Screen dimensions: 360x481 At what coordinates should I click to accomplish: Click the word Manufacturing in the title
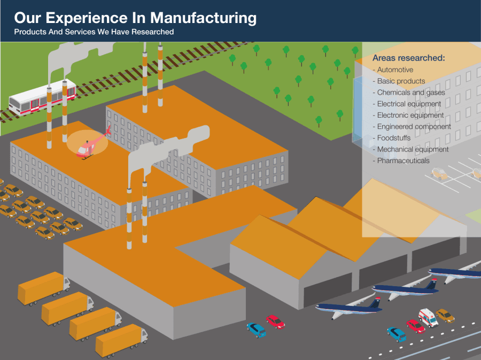203,18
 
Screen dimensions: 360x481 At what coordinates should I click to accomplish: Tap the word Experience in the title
94,18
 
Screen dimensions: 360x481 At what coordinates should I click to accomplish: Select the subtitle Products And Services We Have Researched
94,32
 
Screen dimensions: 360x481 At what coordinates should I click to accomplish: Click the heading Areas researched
409,58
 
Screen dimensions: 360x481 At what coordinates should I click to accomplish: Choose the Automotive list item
395,70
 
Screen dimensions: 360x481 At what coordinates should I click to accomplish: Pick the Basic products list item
401,81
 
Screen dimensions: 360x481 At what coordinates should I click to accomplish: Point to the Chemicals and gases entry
411,93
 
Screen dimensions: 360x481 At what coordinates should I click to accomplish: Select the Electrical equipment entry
409,104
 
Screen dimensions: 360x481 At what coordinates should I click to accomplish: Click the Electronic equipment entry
410,115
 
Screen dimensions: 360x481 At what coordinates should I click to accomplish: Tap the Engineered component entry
414,127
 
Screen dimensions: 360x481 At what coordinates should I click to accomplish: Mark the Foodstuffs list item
394,138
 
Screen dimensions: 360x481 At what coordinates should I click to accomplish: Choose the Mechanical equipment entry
413,149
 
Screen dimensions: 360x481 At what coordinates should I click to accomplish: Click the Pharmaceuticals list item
403,160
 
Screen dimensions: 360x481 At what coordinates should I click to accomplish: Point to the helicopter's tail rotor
108,130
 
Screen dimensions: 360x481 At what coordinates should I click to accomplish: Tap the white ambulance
428,317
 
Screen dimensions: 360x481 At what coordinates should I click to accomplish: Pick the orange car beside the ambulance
445,316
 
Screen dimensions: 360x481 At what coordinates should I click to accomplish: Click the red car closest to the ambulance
415,326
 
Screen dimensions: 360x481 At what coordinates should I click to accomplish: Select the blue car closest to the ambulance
396,334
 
